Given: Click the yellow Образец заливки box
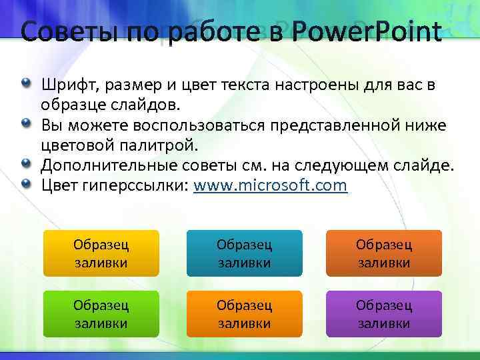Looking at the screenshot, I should (101, 253).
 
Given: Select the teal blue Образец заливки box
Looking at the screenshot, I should (244, 253).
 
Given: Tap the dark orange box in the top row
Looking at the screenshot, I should (384, 253).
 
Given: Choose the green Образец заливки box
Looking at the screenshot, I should (101, 314).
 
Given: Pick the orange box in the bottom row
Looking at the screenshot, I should (244, 314).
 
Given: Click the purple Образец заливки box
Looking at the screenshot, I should (384, 314).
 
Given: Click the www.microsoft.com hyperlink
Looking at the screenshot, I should (270, 185).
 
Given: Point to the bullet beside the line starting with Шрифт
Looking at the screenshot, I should (25, 84).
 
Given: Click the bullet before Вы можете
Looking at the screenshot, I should (25, 124).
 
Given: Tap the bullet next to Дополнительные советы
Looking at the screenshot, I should (25, 164).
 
